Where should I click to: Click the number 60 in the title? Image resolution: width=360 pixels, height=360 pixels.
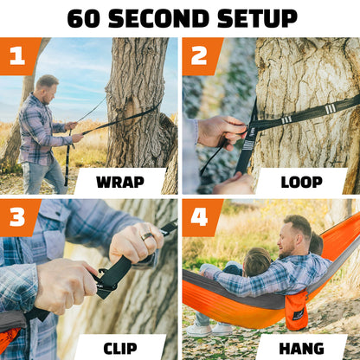click(x=85, y=17)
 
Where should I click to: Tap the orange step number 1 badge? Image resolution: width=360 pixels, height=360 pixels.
click(x=17, y=55)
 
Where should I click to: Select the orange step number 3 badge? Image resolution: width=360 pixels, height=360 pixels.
click(x=17, y=217)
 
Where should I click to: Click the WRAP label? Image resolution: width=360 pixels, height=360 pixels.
click(x=119, y=182)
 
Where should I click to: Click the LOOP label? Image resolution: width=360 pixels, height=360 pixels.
click(x=301, y=182)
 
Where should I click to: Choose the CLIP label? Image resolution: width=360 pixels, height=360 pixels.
click(x=119, y=348)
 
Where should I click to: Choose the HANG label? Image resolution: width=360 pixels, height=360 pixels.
click(x=301, y=348)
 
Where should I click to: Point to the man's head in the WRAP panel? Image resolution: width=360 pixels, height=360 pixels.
click(x=47, y=87)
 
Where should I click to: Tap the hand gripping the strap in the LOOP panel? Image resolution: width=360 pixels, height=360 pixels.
click(x=220, y=132)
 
